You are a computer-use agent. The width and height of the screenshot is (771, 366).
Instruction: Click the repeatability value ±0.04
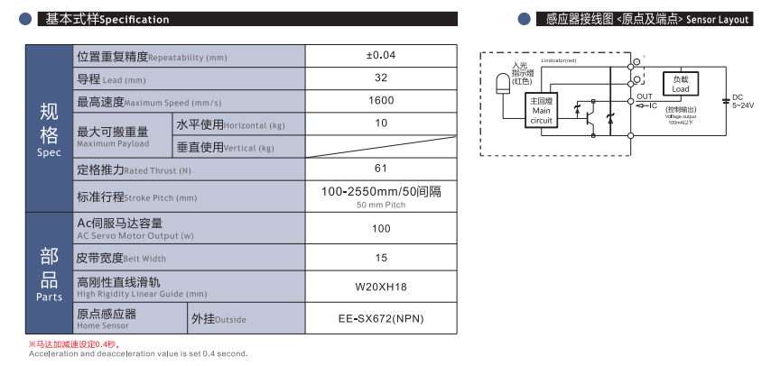[381, 56]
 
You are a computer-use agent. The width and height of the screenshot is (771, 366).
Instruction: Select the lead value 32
[381, 78]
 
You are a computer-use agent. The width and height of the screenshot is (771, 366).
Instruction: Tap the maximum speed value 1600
[381, 101]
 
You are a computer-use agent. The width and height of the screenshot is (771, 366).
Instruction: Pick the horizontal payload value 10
[381, 124]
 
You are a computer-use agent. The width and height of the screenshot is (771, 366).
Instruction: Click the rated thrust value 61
[381, 169]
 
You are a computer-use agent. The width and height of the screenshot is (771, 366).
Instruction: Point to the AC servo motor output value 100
[381, 229]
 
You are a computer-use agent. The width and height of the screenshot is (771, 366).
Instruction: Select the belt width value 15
[381, 259]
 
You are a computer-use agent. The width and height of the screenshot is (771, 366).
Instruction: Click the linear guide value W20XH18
[381, 288]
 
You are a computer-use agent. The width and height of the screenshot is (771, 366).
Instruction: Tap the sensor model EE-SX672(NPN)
[381, 319]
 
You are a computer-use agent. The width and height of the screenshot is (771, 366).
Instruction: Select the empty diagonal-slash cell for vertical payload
[381, 146]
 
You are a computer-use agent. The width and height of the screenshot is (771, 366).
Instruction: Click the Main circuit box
[541, 111]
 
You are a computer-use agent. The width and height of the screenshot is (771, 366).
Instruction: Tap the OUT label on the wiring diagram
[644, 96]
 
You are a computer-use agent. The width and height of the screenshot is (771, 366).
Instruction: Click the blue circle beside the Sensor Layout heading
[523, 19]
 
